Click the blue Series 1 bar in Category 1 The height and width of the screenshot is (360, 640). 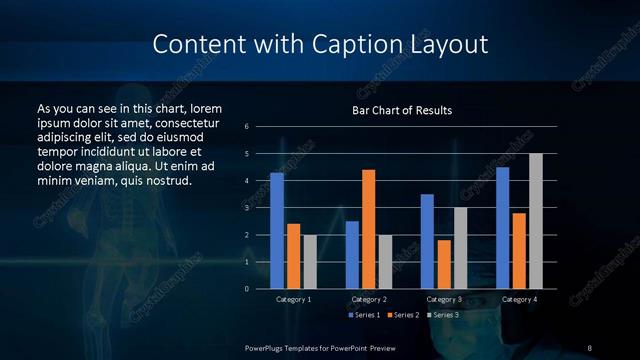tap(277, 231)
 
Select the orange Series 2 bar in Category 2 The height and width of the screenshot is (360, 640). tap(368, 229)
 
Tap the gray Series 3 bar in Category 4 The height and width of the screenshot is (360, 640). tap(535, 221)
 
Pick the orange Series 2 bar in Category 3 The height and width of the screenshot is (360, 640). tap(443, 264)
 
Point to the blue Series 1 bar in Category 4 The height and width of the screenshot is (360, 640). tap(502, 228)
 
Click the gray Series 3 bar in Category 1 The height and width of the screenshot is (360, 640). tap(310, 262)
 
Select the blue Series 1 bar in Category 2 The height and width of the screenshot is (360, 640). tap(352, 255)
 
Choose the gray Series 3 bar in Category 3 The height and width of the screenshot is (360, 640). tap(460, 248)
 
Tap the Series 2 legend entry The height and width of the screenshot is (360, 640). tap(403, 315)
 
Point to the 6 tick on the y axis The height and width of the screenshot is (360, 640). tap(247, 127)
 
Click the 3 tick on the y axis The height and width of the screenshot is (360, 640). tap(247, 208)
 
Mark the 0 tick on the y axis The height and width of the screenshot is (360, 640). tap(247, 289)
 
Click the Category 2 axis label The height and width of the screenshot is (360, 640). tap(368, 299)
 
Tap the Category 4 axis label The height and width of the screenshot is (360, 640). tap(518, 299)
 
